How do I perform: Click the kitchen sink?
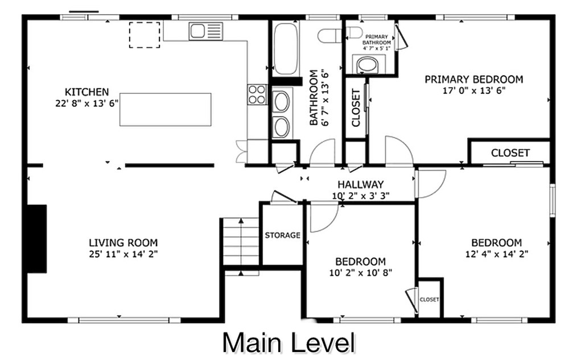[205, 31]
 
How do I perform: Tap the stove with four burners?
[257, 94]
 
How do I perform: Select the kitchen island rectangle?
[165, 109]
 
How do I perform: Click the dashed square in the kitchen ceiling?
[144, 35]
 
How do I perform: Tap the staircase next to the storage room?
[241, 242]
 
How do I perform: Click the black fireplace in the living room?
[37, 238]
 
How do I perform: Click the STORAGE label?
[282, 235]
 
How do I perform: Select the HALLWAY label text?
[360, 185]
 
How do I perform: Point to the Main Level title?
[288, 343]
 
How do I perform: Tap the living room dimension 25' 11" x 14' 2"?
[123, 254]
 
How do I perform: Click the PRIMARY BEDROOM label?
[473, 80]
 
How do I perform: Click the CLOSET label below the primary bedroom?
[510, 153]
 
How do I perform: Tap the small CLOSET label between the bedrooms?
[429, 300]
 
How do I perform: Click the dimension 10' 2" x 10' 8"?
[360, 272]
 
